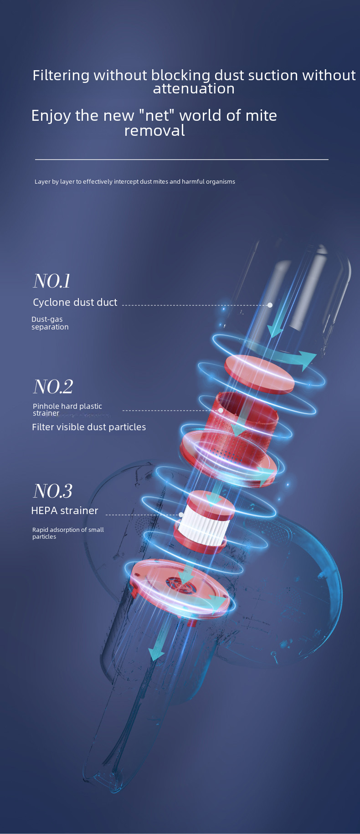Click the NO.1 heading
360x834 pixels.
(x=52, y=281)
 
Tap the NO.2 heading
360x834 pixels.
(x=53, y=386)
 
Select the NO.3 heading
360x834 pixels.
(x=53, y=491)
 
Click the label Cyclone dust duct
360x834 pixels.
(x=75, y=302)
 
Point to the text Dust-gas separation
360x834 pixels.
(x=50, y=323)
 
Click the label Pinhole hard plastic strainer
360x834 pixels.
(x=67, y=409)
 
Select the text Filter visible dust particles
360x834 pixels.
(x=89, y=427)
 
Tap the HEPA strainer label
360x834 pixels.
(x=65, y=510)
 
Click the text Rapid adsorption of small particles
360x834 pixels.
(x=68, y=533)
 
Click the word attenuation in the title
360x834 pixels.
(x=194, y=88)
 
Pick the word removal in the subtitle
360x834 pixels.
(x=154, y=131)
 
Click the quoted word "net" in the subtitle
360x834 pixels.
(x=157, y=115)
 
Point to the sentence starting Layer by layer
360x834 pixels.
(x=135, y=181)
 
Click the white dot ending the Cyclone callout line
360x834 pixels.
(x=270, y=305)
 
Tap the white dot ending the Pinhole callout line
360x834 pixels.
(x=221, y=410)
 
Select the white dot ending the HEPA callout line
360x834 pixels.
(x=181, y=515)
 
